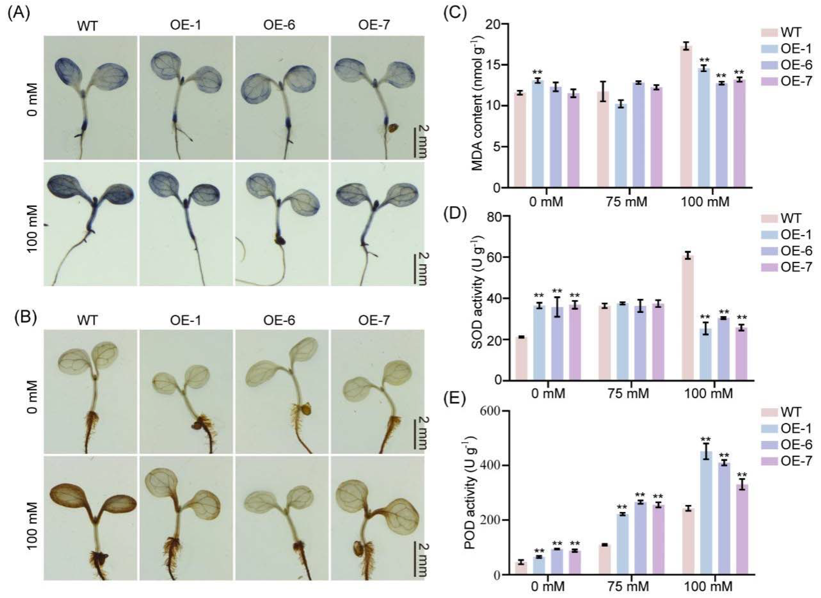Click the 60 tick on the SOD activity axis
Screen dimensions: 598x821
point(498,257)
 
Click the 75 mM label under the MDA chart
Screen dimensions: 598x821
point(627,202)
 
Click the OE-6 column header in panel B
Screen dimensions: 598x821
point(279,320)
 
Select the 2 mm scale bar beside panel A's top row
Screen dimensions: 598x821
point(420,141)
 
